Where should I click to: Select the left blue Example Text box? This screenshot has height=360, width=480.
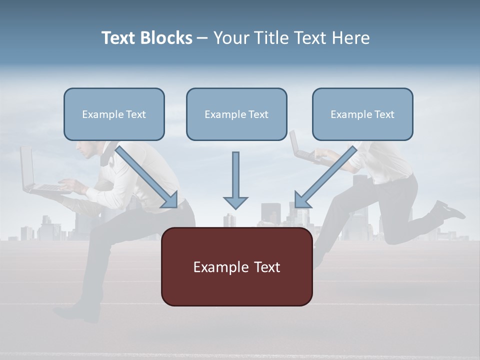(x=114, y=114)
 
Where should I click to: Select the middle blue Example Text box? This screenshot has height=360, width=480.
(x=236, y=114)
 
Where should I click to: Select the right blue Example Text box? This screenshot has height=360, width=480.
(x=362, y=114)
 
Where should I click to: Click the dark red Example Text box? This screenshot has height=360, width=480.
(x=236, y=266)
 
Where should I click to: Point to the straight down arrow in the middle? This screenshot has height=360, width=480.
(x=235, y=180)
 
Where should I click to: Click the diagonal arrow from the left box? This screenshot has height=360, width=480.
(x=147, y=177)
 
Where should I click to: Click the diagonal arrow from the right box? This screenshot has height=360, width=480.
(x=325, y=177)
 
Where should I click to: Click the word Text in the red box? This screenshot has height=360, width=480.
(x=259, y=266)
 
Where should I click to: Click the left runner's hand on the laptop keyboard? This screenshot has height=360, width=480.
(x=67, y=186)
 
